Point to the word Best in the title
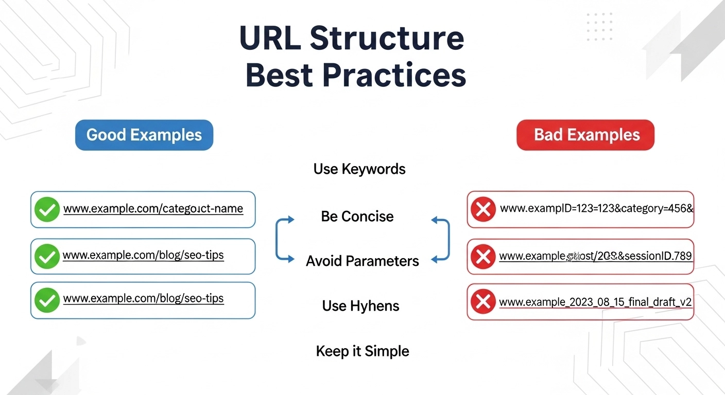click(x=279, y=75)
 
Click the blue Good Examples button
click(x=144, y=135)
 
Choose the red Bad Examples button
click(x=585, y=135)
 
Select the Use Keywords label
click(x=359, y=169)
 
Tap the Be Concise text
click(x=357, y=216)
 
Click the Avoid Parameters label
click(x=362, y=261)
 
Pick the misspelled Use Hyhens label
click(x=360, y=306)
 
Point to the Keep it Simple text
click(x=362, y=351)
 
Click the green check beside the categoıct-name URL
click(x=46, y=210)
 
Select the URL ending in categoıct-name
click(x=153, y=209)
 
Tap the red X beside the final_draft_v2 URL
click(x=483, y=302)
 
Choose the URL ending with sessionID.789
click(x=595, y=256)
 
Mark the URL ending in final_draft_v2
click(x=595, y=302)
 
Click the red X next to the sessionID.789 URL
click(x=483, y=256)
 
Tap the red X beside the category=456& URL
click(x=483, y=209)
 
